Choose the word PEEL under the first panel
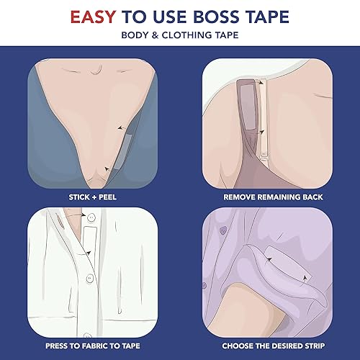click(107, 195)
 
